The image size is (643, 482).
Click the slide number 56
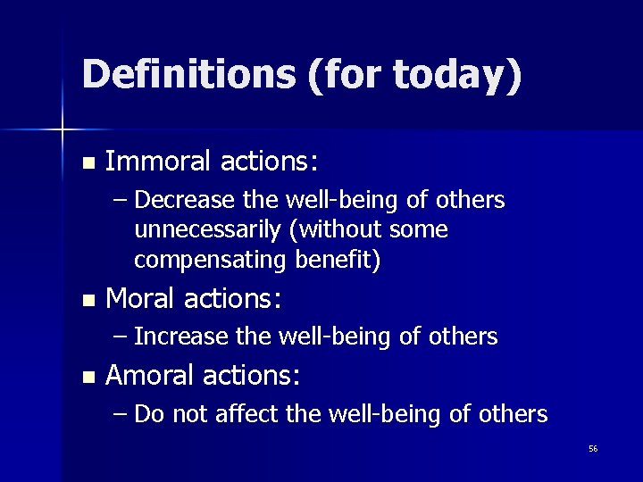click(593, 448)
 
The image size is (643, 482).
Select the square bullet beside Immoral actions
click(87, 163)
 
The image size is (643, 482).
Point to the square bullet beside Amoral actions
click(87, 378)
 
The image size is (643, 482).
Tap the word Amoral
click(149, 376)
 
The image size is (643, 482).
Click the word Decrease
click(183, 200)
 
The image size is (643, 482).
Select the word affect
click(240, 414)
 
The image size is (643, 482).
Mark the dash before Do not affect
click(121, 415)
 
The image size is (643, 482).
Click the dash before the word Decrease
click(121, 201)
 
